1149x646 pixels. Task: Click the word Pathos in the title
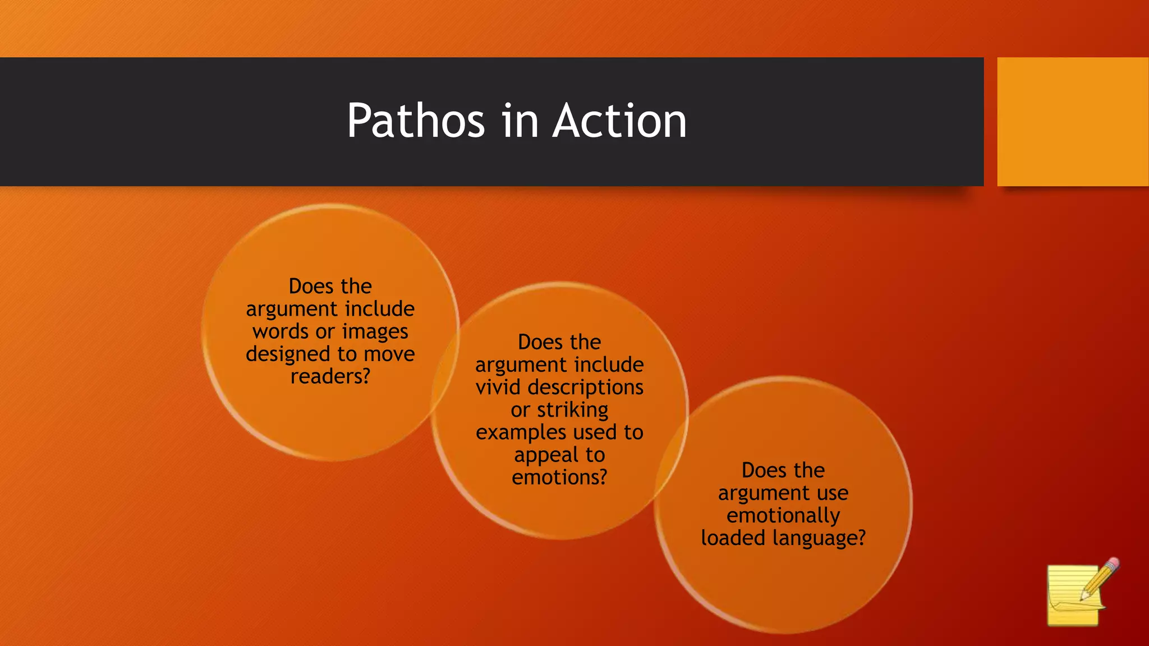coord(415,121)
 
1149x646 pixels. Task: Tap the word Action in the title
coord(619,121)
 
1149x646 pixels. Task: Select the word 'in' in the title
coord(517,121)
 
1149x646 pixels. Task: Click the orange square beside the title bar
coord(1072,122)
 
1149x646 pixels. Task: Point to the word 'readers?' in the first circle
coord(330,376)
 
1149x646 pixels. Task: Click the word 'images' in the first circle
coord(375,331)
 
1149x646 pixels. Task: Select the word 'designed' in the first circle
coord(288,354)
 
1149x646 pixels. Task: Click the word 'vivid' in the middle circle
coord(499,387)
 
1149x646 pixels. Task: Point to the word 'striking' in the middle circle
coord(572,410)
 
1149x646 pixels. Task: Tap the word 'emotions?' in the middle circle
coord(559,477)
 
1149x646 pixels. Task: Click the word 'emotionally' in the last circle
coord(783,515)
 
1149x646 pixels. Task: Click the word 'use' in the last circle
coord(833,493)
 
